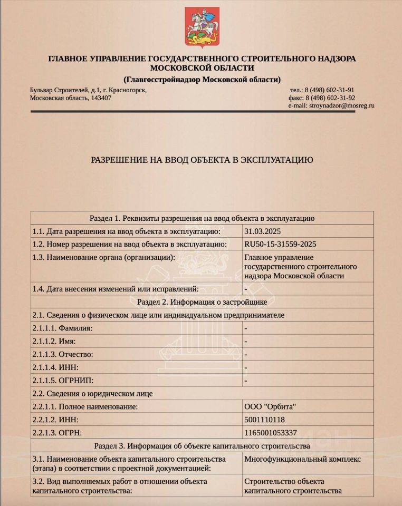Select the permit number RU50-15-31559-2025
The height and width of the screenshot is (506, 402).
[x=280, y=244]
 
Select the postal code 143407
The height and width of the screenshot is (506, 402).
[x=101, y=98]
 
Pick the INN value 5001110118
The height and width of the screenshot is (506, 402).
[x=265, y=420]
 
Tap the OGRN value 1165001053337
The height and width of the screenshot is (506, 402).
[x=271, y=433]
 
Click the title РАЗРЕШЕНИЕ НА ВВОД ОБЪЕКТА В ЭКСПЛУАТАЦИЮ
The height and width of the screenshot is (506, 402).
[x=203, y=159]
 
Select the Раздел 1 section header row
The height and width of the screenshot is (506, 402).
[x=202, y=218]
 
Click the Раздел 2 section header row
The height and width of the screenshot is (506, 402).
[x=202, y=302]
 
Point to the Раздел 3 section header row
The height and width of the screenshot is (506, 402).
[x=202, y=446]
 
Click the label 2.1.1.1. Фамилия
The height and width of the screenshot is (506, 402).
[x=62, y=328]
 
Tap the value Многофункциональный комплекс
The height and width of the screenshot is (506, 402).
[x=303, y=459]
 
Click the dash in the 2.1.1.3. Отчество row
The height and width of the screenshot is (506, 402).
[x=246, y=354]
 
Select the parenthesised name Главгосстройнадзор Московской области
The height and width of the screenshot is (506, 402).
[x=202, y=79]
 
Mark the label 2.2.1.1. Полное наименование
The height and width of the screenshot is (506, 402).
[x=85, y=406]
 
